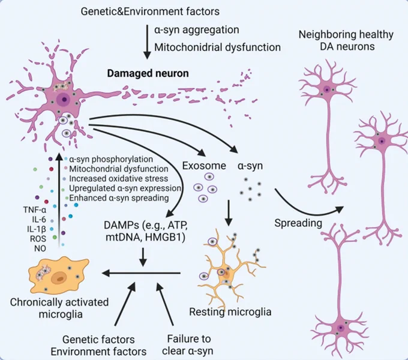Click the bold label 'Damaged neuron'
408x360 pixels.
pyautogui.click(x=148, y=73)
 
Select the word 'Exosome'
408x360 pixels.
pyautogui.click(x=204, y=166)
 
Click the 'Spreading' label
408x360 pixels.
pyautogui.click(x=298, y=223)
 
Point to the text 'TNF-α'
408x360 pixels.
pyautogui.click(x=35, y=209)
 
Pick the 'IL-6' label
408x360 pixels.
pyautogui.click(x=39, y=219)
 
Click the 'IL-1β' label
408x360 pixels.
pyautogui.click(x=37, y=229)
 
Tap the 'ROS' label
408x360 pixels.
pyautogui.click(x=38, y=239)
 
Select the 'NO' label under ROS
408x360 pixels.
pyautogui.click(x=40, y=248)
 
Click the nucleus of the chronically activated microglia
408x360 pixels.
pyautogui.click(x=60, y=279)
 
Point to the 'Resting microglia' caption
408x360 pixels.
pyautogui.click(x=230, y=311)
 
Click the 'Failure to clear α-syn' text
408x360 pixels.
pyautogui.click(x=188, y=345)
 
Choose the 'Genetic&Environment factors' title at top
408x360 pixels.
pyautogui.click(x=150, y=11)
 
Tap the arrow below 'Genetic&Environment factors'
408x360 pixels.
pyautogui.click(x=147, y=42)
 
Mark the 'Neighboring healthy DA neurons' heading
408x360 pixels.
pyautogui.click(x=346, y=40)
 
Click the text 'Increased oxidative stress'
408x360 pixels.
pyautogui.click(x=118, y=179)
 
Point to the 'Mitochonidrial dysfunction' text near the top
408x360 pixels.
pyautogui.click(x=218, y=47)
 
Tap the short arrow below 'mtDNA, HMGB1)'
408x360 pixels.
pyautogui.click(x=143, y=257)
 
